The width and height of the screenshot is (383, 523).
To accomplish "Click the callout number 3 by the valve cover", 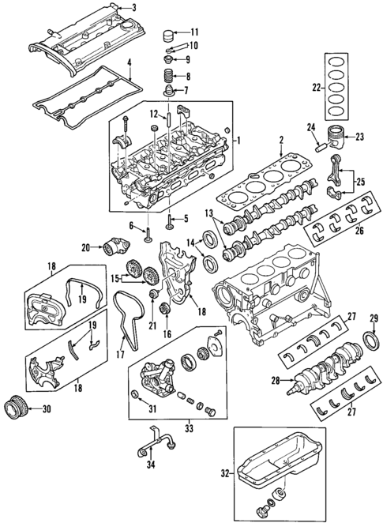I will click(x=133, y=9).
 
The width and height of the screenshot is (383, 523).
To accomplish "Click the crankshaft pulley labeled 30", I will click(x=13, y=408).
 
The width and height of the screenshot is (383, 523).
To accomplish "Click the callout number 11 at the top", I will click(x=195, y=32).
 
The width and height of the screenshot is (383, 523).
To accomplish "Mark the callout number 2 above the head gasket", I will click(x=280, y=141).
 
